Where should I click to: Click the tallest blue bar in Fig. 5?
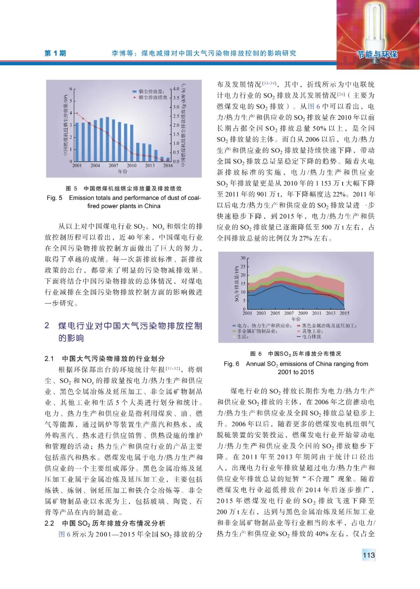(x=107, y=139)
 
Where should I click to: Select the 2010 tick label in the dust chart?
(x=131, y=166)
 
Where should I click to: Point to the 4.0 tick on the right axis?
(x=176, y=89)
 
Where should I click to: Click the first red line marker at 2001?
(x=77, y=113)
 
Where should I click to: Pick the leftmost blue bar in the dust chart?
(x=77, y=142)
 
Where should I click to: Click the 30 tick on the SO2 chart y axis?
(x=243, y=258)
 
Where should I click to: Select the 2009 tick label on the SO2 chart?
(x=303, y=313)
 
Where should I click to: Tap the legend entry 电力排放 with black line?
(x=311, y=337)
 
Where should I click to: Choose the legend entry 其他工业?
(x=313, y=331)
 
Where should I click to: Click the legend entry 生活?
(x=243, y=337)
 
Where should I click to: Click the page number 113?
(x=368, y=555)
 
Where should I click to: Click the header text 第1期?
(x=55, y=53)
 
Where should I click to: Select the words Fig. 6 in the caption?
(x=231, y=364)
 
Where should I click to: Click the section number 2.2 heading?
(x=49, y=523)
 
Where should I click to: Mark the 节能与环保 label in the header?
(x=378, y=54)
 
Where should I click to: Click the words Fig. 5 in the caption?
(x=54, y=198)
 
